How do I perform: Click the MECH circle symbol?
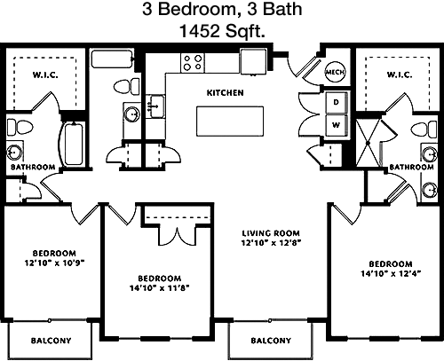(x=335, y=72)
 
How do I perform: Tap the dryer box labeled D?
(x=336, y=103)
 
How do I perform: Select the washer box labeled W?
(x=336, y=125)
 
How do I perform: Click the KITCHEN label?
(x=226, y=93)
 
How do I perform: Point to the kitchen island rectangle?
(x=230, y=122)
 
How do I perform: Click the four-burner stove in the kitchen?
(x=193, y=62)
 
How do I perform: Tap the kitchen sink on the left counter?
(x=155, y=106)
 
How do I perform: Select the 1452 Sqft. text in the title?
(x=222, y=31)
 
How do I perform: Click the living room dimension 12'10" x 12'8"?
(x=271, y=243)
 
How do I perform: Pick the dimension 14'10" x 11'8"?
(x=159, y=287)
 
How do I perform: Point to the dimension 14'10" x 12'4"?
(x=391, y=273)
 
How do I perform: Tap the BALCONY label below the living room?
(x=271, y=341)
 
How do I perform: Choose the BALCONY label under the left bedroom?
(x=52, y=341)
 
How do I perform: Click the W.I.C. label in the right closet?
(x=400, y=75)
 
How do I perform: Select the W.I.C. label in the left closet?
(x=45, y=75)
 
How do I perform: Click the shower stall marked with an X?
(x=368, y=143)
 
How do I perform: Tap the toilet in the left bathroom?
(x=20, y=128)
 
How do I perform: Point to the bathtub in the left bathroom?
(x=73, y=144)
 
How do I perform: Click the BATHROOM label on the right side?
(x=412, y=167)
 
